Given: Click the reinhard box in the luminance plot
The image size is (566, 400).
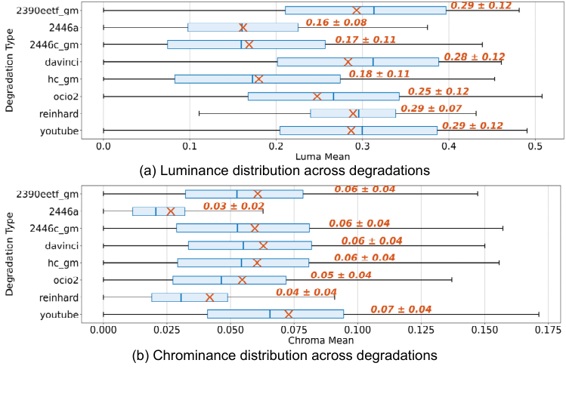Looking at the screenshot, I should pyautogui.click(x=353, y=113).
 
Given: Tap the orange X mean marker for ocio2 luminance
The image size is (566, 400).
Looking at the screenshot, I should pyautogui.click(x=317, y=96).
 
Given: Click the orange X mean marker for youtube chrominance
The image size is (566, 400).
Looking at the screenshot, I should pyautogui.click(x=289, y=314).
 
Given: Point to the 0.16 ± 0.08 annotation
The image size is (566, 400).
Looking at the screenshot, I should pyautogui.click(x=347, y=23).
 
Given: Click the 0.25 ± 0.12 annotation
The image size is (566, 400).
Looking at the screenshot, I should pyautogui.click(x=438, y=91).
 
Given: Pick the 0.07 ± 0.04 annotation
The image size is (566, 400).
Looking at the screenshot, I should pyautogui.click(x=401, y=309).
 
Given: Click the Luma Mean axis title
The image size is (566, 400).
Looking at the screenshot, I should pyautogui.click(x=317, y=156).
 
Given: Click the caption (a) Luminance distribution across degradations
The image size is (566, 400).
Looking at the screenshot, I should pyautogui.click(x=285, y=171).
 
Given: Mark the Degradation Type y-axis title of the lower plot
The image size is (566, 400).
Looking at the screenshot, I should pyautogui.click(x=10, y=254).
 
